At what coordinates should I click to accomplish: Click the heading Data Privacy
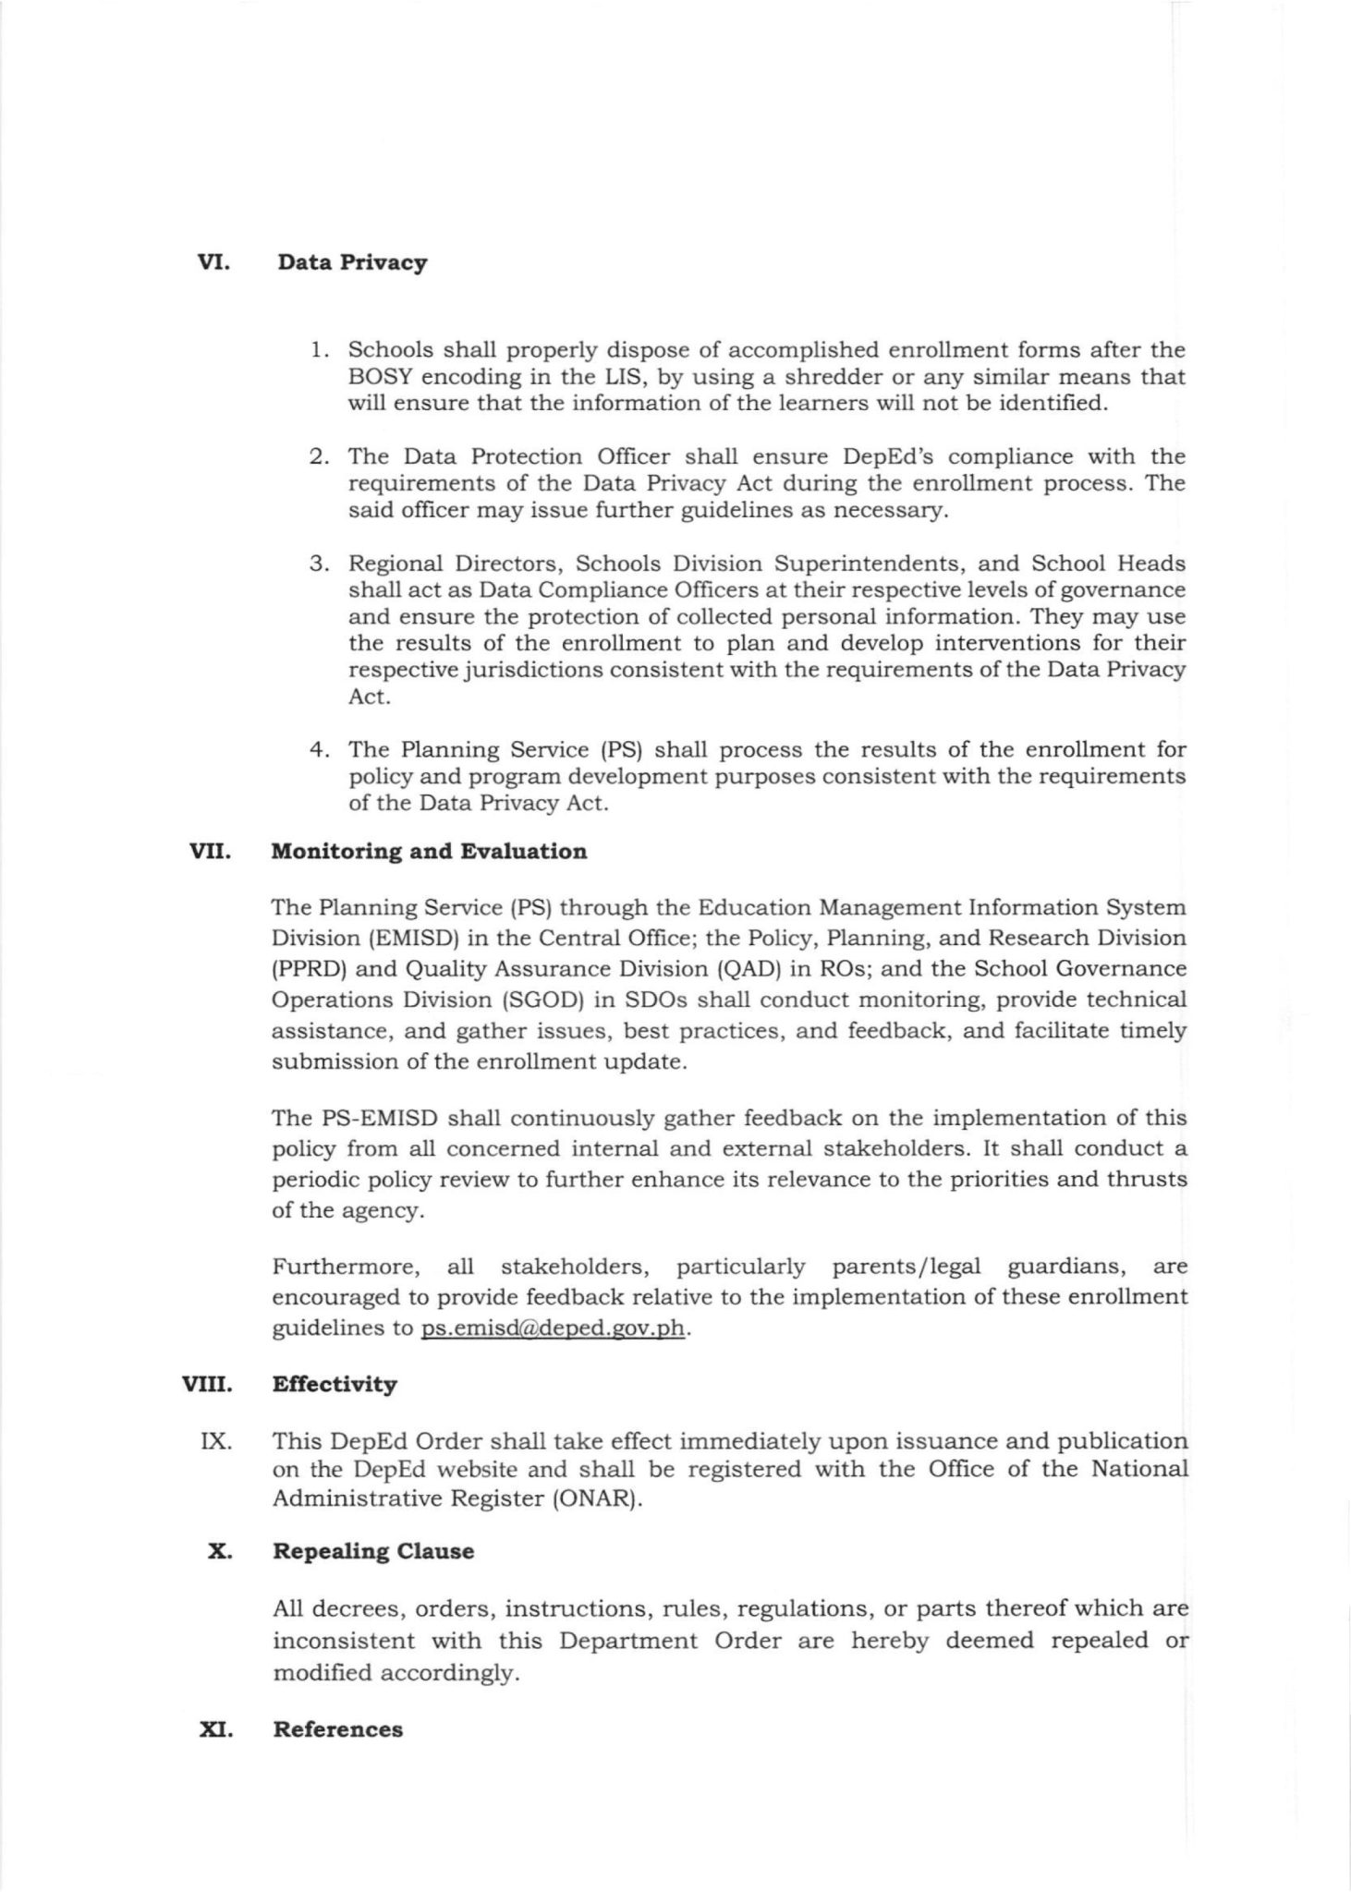click(x=352, y=263)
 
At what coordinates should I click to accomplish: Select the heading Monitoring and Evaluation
click(x=429, y=852)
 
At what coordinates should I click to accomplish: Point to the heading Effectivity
click(x=335, y=1385)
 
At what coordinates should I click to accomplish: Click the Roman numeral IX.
click(x=215, y=1441)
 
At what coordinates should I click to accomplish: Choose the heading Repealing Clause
click(x=373, y=1551)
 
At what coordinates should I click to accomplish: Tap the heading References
click(x=337, y=1729)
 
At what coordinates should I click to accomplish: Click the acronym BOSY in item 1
click(x=379, y=377)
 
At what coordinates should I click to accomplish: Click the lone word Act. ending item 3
click(x=369, y=697)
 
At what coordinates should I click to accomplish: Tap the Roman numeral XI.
click(x=215, y=1729)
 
